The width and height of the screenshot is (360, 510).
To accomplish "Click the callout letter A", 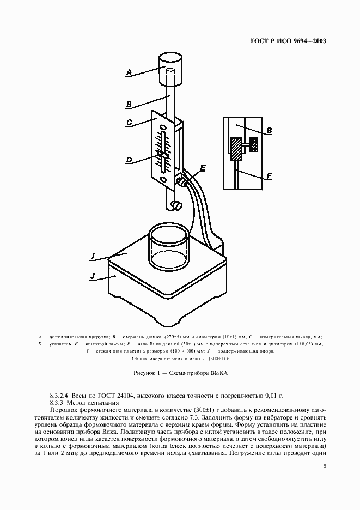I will click(x=129, y=71).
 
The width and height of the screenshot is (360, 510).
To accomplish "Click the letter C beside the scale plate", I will click(x=130, y=123).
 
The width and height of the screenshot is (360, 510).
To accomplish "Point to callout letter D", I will click(x=129, y=160).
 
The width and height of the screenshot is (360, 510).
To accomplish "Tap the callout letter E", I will click(x=203, y=169).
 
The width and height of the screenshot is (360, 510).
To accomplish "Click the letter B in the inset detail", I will click(x=269, y=131).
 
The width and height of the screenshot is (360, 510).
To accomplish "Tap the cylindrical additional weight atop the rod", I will click(x=169, y=69).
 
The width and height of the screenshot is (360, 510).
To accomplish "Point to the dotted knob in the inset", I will click(x=254, y=144).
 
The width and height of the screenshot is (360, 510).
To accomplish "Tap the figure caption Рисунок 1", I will click(x=180, y=373).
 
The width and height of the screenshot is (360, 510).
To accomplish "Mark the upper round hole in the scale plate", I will click(x=162, y=126).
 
